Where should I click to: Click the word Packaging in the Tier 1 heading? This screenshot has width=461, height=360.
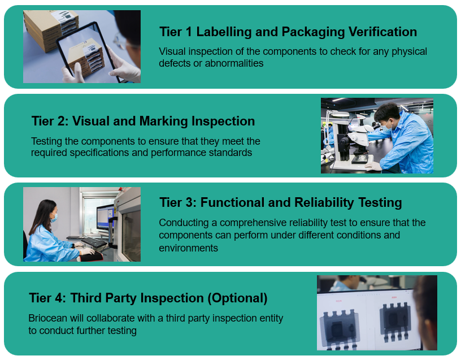click(313, 32)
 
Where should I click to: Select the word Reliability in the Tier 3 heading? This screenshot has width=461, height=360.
click(324, 203)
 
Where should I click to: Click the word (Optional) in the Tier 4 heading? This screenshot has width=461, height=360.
click(237, 298)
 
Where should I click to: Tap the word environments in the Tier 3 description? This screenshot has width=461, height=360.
click(189, 248)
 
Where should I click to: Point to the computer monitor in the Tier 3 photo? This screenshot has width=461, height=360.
click(105, 217)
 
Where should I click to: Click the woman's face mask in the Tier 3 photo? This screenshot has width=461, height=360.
click(54, 218)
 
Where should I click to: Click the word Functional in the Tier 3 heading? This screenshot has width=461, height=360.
click(232, 203)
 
